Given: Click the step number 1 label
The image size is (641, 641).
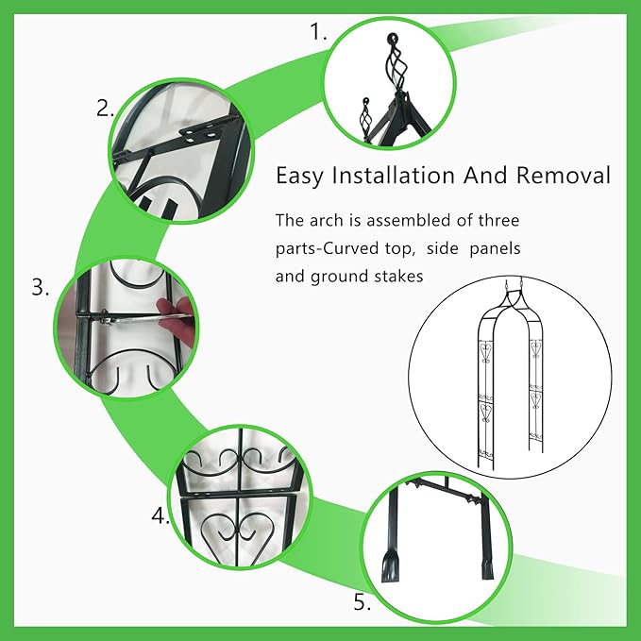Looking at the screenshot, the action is pos(318,31).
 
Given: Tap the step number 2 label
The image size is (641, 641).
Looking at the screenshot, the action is pos(105,109).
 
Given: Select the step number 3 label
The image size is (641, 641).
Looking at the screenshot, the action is pos(40,287).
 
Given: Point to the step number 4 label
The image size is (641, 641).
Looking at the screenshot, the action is pos(160,515).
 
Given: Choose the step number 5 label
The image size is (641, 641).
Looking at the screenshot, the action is pos(363,601).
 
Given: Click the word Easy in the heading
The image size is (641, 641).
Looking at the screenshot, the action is pos(299,177).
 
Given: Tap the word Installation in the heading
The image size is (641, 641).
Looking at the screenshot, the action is pos(394,176).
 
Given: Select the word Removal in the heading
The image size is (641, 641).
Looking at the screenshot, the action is pos(563,176).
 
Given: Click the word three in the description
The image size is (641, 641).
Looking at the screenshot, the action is pos(498,221).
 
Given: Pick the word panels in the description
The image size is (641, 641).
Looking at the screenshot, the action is pos(495,249).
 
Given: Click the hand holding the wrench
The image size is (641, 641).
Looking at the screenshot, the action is pos(177,320).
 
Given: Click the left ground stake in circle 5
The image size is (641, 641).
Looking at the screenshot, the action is pos(390,534).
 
